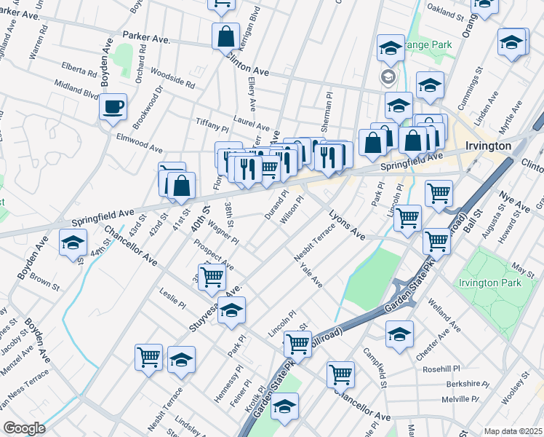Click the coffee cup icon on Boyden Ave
point(113,107)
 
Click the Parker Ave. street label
point(145,36)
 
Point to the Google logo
point(24,428)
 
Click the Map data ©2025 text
point(513,431)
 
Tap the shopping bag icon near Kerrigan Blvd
point(225,36)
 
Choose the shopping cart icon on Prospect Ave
point(212,276)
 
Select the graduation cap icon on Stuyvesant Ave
point(232,312)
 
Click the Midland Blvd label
point(76,91)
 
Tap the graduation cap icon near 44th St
point(73,243)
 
